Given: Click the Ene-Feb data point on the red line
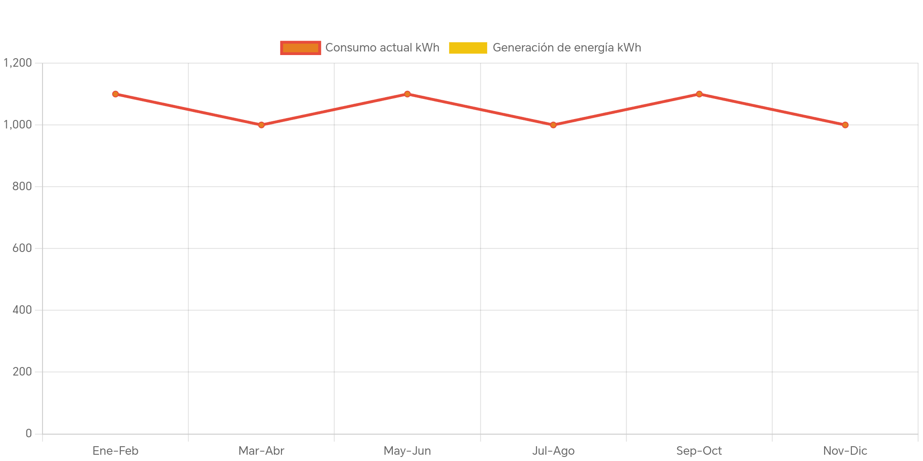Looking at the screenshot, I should click(x=115, y=94).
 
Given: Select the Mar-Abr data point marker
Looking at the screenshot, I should click(x=261, y=125).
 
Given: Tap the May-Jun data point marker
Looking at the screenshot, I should click(x=407, y=94).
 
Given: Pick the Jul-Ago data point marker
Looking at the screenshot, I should click(x=553, y=125).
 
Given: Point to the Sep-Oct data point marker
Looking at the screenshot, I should click(x=699, y=94).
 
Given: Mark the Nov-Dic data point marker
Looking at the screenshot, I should click(x=845, y=125).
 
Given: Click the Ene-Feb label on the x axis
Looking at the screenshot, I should click(x=115, y=451).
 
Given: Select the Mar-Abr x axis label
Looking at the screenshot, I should click(x=261, y=451).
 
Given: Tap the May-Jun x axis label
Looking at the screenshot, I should click(x=407, y=451).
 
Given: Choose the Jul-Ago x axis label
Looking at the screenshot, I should click(x=553, y=451).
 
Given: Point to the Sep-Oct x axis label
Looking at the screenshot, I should click(x=699, y=451).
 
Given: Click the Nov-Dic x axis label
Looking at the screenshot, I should click(x=845, y=451).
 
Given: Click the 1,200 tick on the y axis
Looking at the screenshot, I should click(x=18, y=63).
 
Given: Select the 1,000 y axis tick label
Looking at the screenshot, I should click(x=18, y=124).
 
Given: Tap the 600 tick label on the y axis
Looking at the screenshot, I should click(x=22, y=248).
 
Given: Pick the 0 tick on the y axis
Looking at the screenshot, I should click(x=29, y=433).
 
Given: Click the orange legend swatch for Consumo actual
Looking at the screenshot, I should click(x=301, y=47).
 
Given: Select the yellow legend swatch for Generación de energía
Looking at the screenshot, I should click(x=468, y=47).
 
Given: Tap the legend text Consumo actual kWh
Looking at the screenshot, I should click(x=382, y=47).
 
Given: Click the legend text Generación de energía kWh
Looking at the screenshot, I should click(x=567, y=47).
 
